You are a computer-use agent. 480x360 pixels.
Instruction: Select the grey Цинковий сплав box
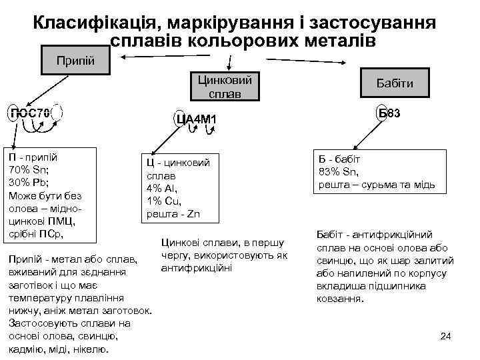[x=224, y=87]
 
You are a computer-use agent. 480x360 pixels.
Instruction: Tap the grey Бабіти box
[x=395, y=83]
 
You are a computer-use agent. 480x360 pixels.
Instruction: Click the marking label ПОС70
[x=29, y=113]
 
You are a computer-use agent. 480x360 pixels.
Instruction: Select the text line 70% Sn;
[x=28, y=169]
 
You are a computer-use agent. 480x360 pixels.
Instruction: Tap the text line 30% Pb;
[x=29, y=182]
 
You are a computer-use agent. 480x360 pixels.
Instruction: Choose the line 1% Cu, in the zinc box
[x=162, y=201]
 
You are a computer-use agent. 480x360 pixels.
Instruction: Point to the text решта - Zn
[x=172, y=214]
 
